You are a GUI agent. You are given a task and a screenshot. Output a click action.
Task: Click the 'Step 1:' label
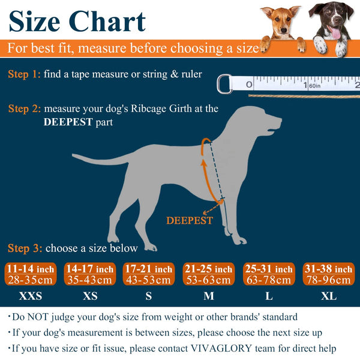tap(25, 74)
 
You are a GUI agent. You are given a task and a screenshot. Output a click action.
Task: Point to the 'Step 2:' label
tap(25, 109)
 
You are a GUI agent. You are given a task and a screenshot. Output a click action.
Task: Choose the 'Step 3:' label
tap(25, 248)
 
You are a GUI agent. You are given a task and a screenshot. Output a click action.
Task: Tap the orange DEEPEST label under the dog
tap(189, 221)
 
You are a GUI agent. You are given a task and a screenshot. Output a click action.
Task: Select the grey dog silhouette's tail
tap(99, 159)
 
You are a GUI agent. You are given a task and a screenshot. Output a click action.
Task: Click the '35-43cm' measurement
tap(89, 280)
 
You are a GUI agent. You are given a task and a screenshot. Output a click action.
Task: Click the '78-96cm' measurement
tap(328, 280)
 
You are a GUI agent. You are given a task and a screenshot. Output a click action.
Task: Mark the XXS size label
tap(30, 296)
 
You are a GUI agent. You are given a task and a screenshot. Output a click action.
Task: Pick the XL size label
tap(328, 296)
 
